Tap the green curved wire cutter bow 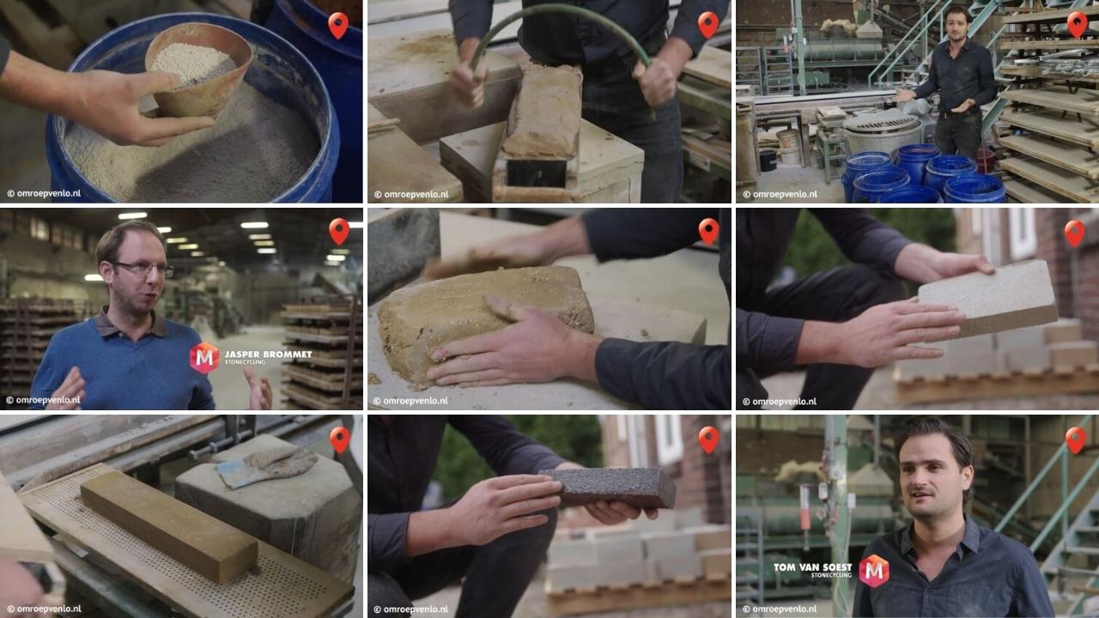click(558, 19)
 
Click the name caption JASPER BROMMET click(267, 353)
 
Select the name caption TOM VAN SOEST click(812, 567)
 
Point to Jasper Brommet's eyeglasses click(143, 269)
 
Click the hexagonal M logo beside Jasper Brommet click(204, 357)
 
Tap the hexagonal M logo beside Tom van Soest click(874, 571)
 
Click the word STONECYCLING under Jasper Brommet click(245, 362)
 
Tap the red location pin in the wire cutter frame click(707, 24)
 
